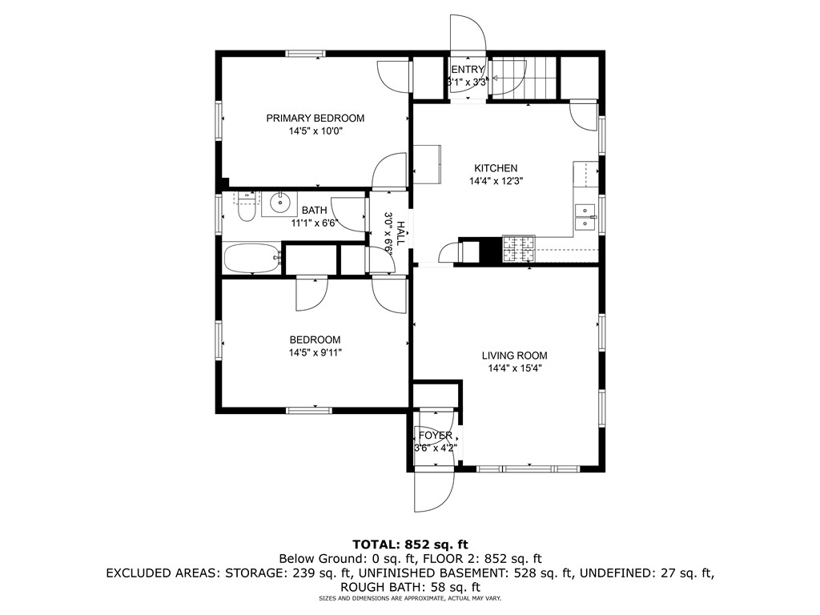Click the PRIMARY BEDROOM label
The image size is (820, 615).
(x=315, y=118)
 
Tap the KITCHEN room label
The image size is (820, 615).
(x=496, y=168)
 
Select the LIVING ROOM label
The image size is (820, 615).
(x=514, y=356)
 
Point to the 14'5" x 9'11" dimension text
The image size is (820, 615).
(x=315, y=352)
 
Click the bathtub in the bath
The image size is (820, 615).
(x=251, y=259)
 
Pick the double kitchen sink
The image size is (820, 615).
(x=586, y=217)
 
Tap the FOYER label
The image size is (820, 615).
(x=435, y=436)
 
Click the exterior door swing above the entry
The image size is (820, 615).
(x=468, y=34)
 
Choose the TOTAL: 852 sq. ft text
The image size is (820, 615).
(x=410, y=544)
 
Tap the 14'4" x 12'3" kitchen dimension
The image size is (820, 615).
(x=496, y=182)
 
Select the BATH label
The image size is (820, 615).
(x=314, y=211)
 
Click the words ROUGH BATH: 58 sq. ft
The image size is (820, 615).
(x=409, y=586)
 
